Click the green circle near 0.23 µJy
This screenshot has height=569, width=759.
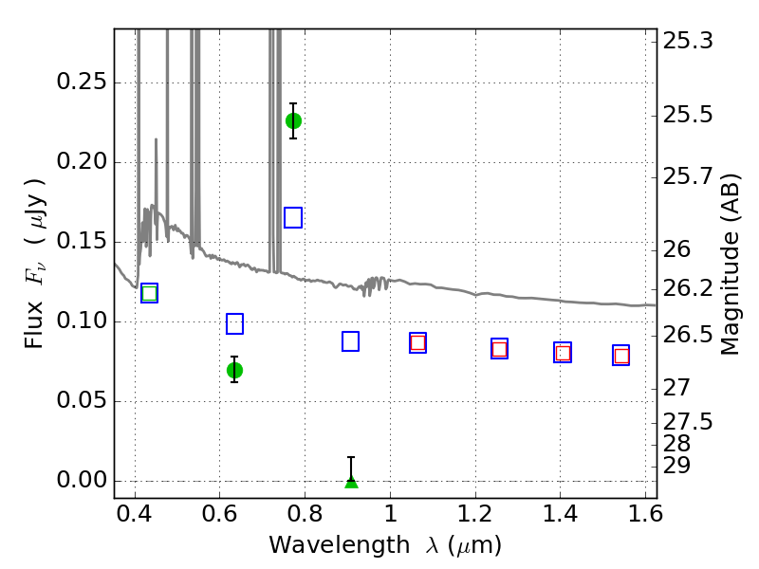293,121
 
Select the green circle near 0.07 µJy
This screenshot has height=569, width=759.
234,371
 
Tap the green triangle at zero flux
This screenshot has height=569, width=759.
351,483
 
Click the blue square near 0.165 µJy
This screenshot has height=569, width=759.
293,218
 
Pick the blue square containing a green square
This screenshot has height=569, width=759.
150,293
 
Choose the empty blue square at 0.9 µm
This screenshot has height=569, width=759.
350,341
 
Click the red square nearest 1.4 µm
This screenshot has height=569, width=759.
563,353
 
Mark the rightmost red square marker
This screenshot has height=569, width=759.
621,357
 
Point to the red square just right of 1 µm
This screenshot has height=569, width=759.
417,343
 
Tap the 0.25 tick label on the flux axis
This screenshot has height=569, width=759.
82,82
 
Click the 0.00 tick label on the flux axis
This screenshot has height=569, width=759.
82,480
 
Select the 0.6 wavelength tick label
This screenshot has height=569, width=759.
220,514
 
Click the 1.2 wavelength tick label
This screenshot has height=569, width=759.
476,514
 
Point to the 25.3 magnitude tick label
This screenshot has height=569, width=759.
687,41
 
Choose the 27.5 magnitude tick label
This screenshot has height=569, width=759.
687,422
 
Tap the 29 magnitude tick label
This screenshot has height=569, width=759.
676,466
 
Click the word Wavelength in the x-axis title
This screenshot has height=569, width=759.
340,545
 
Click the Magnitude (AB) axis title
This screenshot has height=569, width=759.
730,265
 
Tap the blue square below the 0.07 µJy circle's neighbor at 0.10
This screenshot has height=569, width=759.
234,324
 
